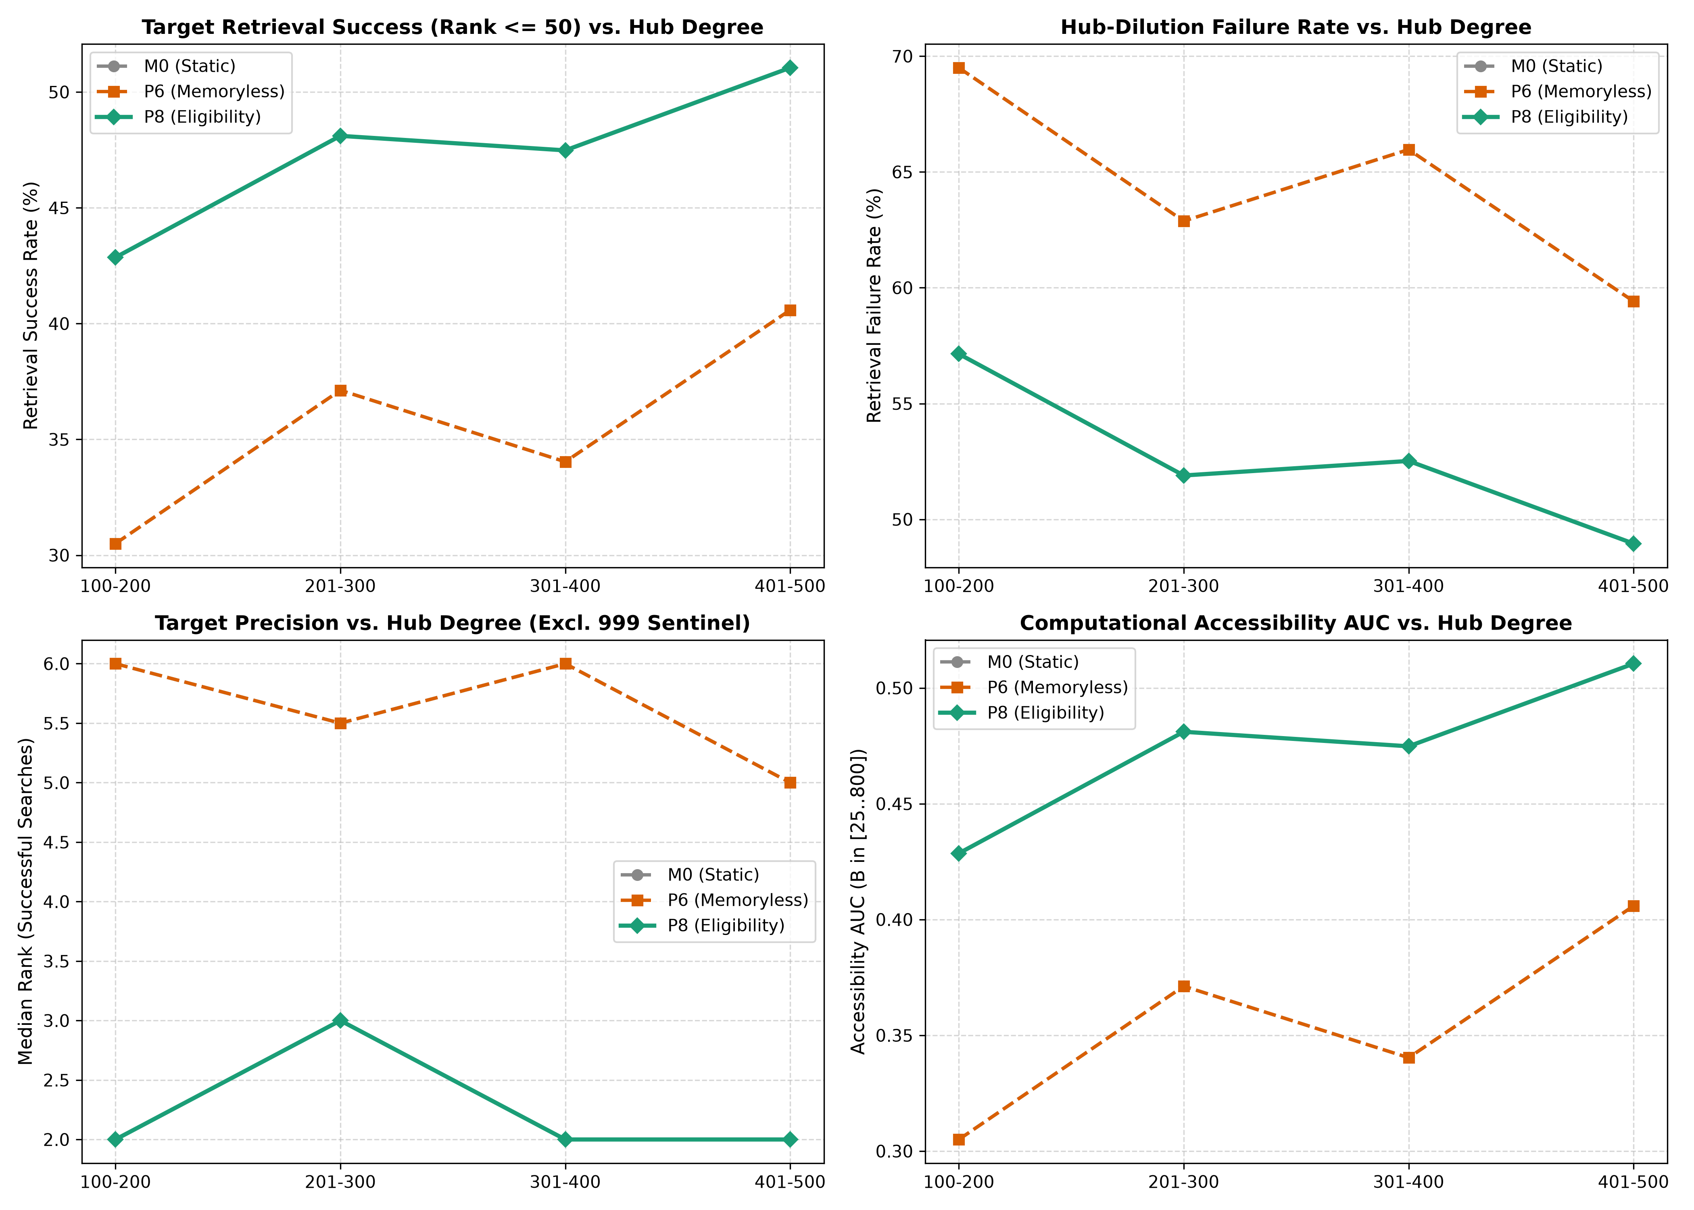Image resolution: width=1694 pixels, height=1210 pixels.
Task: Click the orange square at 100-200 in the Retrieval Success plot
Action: coord(115,544)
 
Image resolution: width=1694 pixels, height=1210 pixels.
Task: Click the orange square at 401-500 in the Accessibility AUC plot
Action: coord(1633,906)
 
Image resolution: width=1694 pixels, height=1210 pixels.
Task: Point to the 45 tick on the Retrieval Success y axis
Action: coord(60,208)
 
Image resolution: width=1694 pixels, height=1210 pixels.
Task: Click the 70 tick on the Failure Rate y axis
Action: coord(903,56)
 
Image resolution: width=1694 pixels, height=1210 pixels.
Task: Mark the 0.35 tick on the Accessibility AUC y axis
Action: coord(895,1036)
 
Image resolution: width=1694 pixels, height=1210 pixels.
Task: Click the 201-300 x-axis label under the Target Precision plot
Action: coord(340,1183)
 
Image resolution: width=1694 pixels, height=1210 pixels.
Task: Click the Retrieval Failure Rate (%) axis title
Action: coord(874,305)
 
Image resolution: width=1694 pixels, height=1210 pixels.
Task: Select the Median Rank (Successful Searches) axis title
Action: coord(26,901)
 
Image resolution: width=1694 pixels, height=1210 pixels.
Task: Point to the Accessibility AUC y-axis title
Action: coord(859,901)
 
